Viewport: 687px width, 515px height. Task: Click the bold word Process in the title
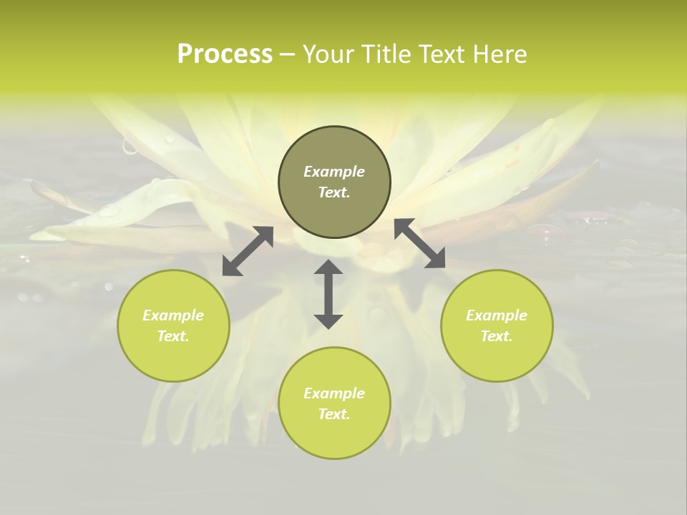coord(225,54)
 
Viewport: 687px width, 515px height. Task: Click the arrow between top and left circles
coord(248,251)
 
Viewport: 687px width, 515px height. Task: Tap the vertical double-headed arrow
coord(328,294)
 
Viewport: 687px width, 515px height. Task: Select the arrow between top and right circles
coord(420,243)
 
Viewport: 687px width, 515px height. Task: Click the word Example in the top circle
coord(334,172)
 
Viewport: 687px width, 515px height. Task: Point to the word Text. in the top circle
coord(334,192)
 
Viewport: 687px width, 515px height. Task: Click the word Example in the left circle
coord(173,315)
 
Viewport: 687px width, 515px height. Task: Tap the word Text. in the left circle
coord(173,336)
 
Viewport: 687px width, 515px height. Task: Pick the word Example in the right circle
coord(497,315)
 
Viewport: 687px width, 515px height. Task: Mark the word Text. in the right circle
coord(497,336)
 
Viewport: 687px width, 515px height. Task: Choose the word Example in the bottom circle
coord(334,393)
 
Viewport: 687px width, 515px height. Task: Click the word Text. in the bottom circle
coord(334,414)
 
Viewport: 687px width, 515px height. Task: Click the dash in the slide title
coord(288,55)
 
